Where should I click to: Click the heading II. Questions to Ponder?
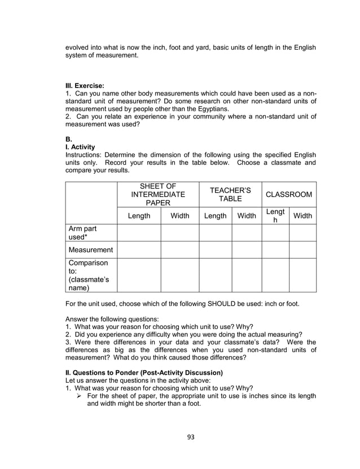coord(144,372)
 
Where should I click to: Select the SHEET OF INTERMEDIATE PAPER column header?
coord(158,195)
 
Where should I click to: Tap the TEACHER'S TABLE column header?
coord(230,195)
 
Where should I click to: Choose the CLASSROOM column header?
coord(289,195)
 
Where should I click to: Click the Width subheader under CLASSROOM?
coord(303,216)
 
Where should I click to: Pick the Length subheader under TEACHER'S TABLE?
coord(215,216)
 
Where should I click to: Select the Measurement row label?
coord(91,249)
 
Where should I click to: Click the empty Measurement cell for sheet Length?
coord(139,249)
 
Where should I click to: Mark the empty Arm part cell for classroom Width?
coord(303,233)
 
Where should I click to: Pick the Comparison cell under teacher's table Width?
coord(247,275)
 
